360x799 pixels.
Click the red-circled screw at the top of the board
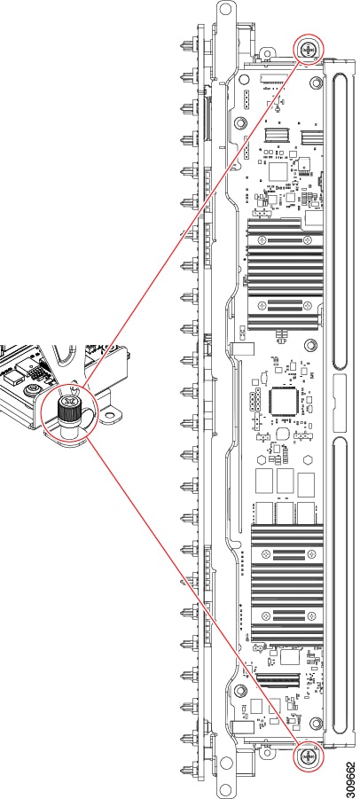click(309, 50)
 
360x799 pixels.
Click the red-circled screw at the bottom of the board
click(309, 756)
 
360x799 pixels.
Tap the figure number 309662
click(351, 772)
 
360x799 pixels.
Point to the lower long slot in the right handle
click(340, 585)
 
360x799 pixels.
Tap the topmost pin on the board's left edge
click(187, 45)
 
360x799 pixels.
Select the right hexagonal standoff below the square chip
click(308, 458)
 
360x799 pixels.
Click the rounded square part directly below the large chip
click(284, 433)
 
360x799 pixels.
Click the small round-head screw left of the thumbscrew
click(33, 390)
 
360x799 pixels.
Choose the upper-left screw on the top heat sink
click(262, 239)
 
